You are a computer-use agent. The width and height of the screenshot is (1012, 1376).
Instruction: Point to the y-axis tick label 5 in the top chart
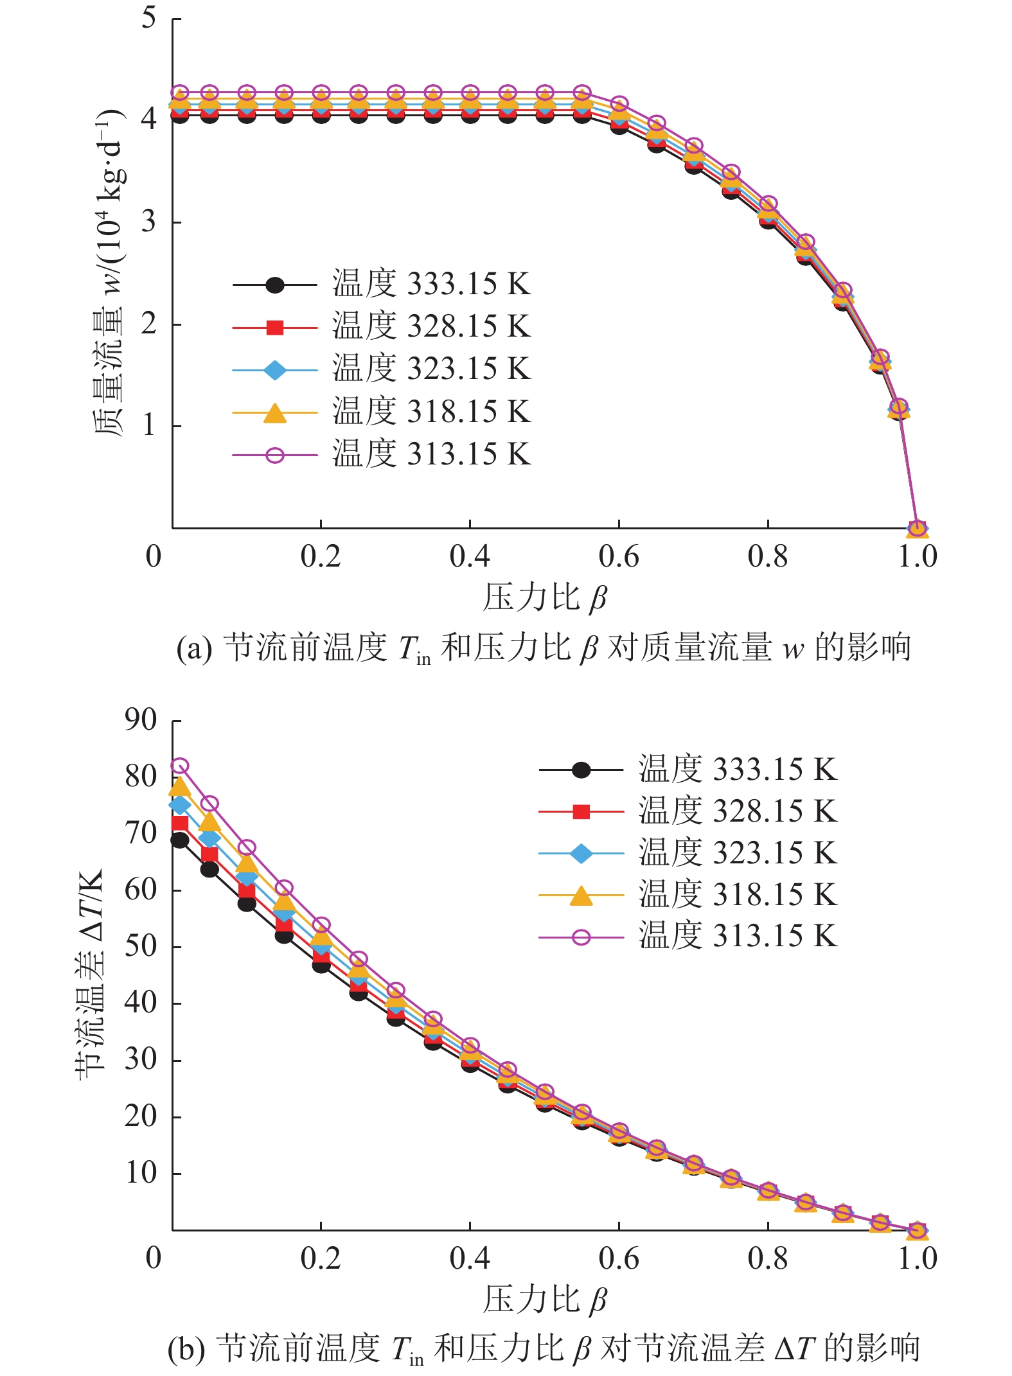149,18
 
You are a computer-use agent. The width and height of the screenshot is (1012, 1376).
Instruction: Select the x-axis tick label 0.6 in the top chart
618,556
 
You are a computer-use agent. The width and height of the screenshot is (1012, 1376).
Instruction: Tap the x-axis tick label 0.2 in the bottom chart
321,1258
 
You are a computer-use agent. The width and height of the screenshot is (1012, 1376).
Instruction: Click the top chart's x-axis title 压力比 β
545,597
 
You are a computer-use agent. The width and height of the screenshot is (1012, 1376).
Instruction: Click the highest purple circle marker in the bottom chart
180,766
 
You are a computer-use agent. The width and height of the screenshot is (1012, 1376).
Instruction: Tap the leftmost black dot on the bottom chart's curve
180,840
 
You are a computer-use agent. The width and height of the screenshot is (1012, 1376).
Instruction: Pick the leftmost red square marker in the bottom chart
180,823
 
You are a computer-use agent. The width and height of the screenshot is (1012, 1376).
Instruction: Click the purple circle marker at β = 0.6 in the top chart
619,104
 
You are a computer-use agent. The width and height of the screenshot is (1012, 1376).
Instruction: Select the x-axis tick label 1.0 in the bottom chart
917,1258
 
